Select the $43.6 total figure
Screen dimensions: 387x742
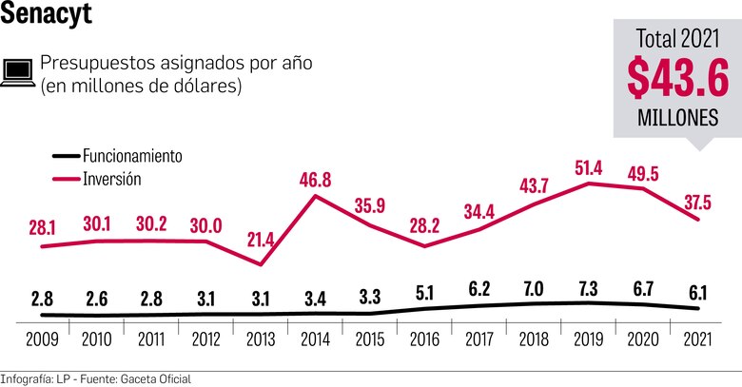[678, 77]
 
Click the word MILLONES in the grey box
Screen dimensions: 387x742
[678, 119]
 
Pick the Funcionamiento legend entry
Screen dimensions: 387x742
[132, 155]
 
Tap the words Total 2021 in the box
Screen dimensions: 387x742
[677, 38]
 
